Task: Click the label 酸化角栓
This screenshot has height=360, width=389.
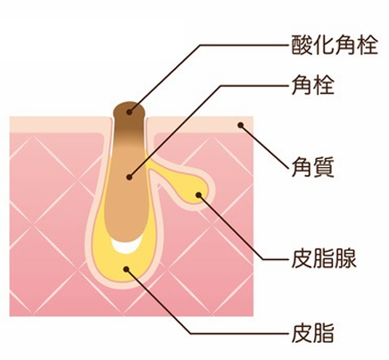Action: [335, 45]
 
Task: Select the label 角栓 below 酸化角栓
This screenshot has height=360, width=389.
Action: [313, 85]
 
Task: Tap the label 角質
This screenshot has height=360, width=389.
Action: [313, 168]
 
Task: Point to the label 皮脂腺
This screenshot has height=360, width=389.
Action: [324, 258]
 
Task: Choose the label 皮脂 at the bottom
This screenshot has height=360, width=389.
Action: [313, 332]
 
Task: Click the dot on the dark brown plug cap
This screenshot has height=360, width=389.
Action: [129, 113]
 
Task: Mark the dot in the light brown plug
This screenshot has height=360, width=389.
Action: [129, 177]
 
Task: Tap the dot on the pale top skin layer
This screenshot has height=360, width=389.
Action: [241, 125]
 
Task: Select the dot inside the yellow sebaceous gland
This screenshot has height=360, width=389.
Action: [198, 195]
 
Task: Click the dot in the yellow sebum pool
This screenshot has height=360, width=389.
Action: [127, 269]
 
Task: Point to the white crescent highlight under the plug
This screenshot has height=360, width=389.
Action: [126, 246]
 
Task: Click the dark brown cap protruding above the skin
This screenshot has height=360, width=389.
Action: [129, 112]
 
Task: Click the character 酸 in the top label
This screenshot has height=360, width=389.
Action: [302, 45]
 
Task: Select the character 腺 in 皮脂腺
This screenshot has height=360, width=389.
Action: [346, 258]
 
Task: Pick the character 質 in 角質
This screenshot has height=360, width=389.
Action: [324, 168]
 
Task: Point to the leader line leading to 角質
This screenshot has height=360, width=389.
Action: [264, 147]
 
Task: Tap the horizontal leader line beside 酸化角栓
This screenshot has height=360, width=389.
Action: [244, 46]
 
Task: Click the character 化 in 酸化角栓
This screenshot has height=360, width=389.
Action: [324, 45]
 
